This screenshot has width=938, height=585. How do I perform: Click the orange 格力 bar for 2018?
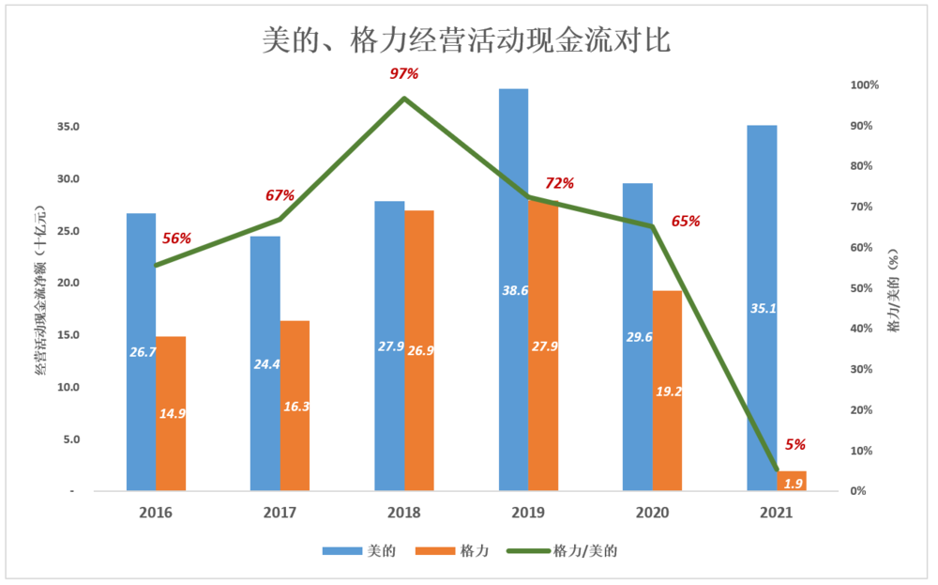(419, 282)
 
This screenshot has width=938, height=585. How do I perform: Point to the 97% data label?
(404, 73)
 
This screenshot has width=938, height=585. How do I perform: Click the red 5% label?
(795, 445)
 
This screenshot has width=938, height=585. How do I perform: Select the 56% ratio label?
(176, 239)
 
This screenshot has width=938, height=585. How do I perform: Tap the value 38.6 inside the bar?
(514, 291)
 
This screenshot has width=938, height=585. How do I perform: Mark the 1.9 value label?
(793, 484)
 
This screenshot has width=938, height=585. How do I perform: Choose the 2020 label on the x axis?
(652, 513)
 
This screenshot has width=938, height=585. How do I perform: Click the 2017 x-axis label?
(280, 513)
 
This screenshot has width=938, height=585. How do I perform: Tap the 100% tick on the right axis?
(864, 85)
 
